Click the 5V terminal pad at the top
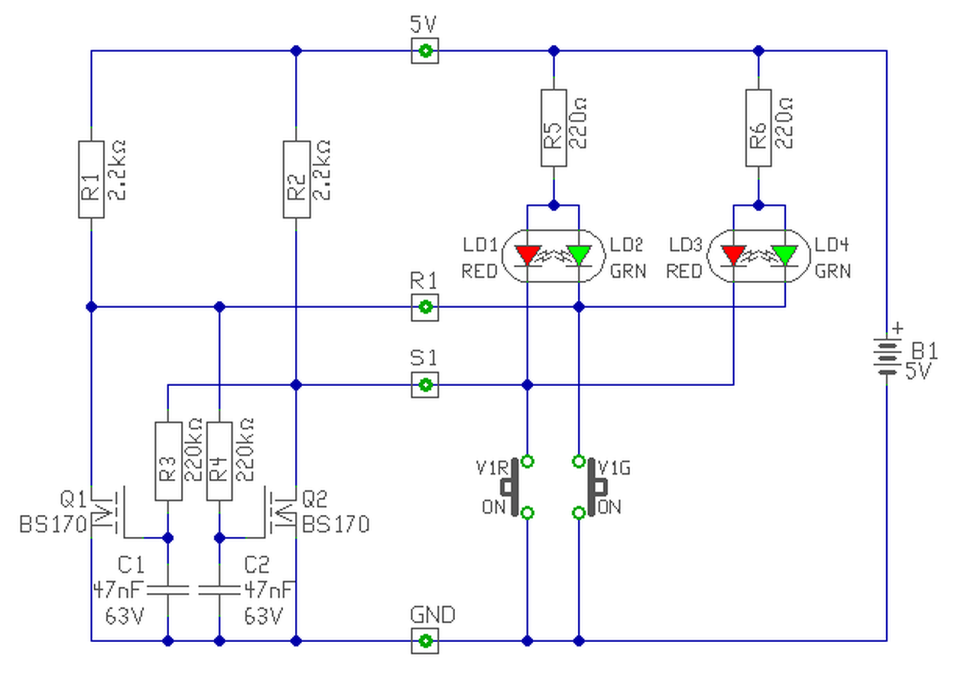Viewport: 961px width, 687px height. point(425,50)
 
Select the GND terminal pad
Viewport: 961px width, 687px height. point(425,641)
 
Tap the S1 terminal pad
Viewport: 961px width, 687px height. point(425,385)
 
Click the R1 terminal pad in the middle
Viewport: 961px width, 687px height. point(425,307)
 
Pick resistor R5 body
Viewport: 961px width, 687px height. point(554,128)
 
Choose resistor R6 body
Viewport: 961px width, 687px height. point(758,128)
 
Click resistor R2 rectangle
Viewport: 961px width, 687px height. point(297,179)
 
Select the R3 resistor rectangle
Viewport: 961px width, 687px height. point(168,461)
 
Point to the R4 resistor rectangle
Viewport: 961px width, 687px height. point(220,461)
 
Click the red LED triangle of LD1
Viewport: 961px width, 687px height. point(528,255)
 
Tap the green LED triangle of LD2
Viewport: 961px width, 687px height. point(579,255)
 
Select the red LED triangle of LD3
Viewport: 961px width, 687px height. point(734,255)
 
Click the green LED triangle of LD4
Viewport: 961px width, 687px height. point(785,255)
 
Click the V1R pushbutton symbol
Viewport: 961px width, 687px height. point(515,487)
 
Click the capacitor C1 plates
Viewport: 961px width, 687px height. point(168,590)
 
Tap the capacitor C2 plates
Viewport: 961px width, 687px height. point(220,590)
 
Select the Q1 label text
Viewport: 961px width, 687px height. point(74,499)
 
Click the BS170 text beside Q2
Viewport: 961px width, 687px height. point(336,524)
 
